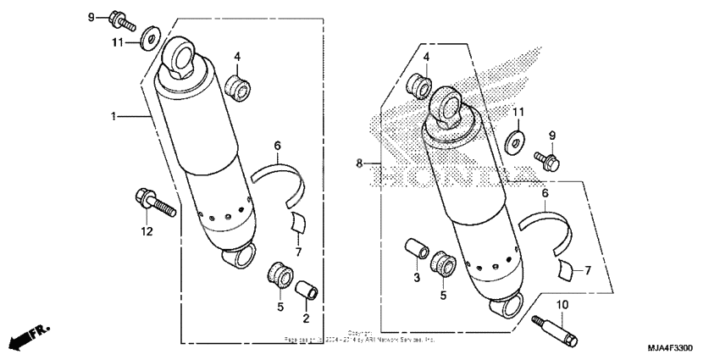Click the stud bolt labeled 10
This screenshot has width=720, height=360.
coord(555,329)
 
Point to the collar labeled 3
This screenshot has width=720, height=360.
coord(415,251)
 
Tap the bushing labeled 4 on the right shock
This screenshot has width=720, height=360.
coord(419,85)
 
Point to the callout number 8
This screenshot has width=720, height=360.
coord(359,163)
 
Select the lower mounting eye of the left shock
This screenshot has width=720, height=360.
coord(241,255)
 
